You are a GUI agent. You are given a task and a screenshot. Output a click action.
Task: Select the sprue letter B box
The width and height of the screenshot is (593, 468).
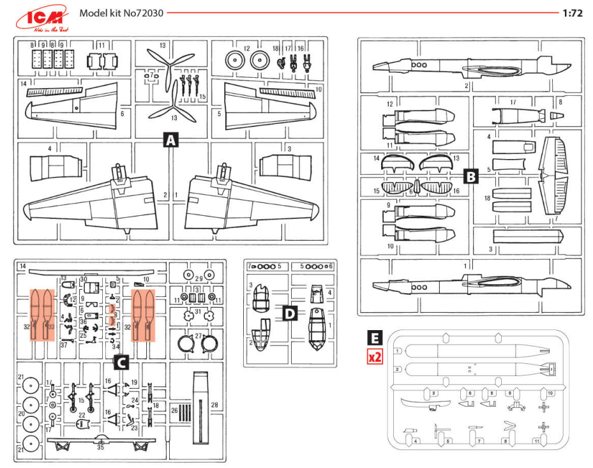pos(470,177)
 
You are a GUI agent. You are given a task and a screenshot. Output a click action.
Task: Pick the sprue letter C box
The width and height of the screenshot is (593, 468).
pos(121,363)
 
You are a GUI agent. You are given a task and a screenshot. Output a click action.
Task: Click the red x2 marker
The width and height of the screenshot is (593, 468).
pos(375,356)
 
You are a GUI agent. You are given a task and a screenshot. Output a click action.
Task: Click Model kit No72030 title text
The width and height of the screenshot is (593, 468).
pos(119,13)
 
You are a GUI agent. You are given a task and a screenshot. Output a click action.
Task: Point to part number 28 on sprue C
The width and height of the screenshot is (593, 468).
pos(214,405)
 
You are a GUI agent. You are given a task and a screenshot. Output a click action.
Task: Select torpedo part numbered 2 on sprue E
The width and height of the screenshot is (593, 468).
pos(472,368)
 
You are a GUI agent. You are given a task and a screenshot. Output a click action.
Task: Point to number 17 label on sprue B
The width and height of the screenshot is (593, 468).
pos(513,102)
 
